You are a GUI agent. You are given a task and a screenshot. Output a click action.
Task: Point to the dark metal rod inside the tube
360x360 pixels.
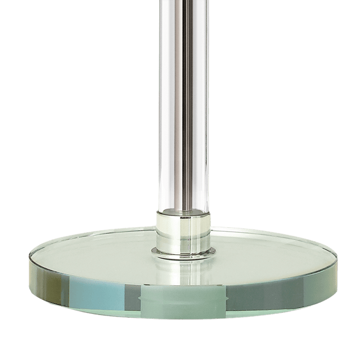tap(179, 112)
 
